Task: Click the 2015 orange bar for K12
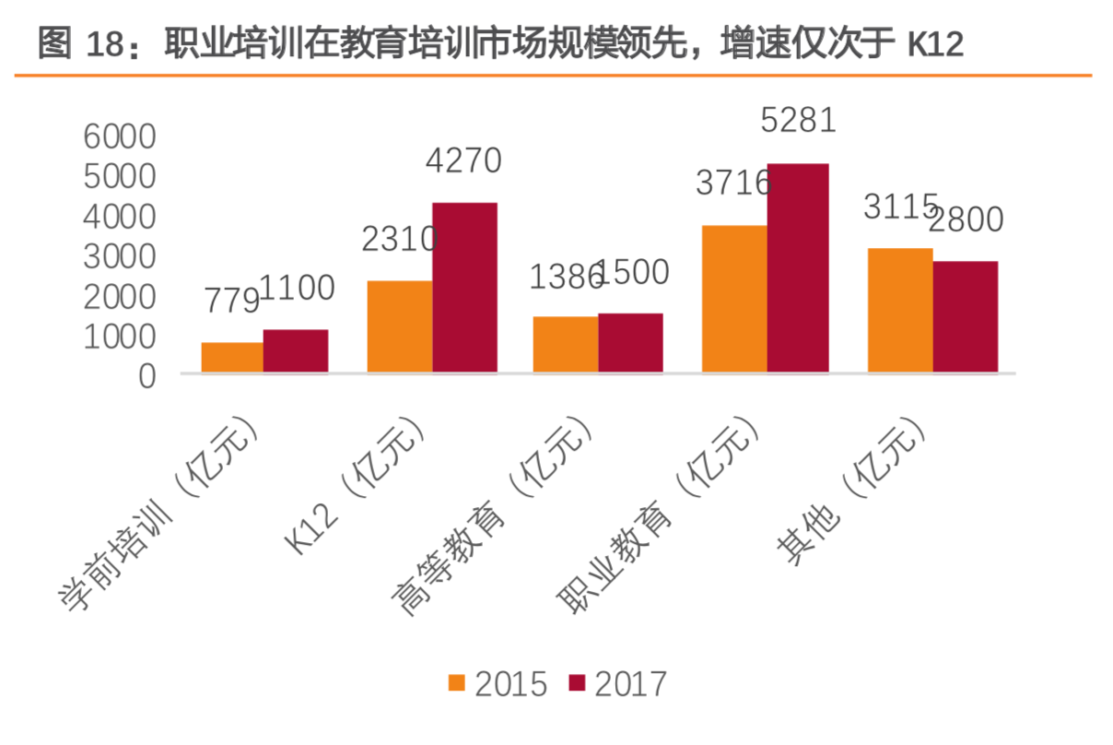[399, 326]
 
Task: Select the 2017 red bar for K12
[464, 288]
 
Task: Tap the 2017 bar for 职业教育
[798, 268]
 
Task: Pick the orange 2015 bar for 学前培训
[232, 358]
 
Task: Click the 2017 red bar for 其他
[965, 317]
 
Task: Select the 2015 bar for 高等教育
[565, 345]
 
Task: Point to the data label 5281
[798, 121]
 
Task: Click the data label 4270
[463, 161]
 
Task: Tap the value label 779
[231, 301]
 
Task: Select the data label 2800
[965, 220]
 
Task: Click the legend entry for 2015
[498, 684]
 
